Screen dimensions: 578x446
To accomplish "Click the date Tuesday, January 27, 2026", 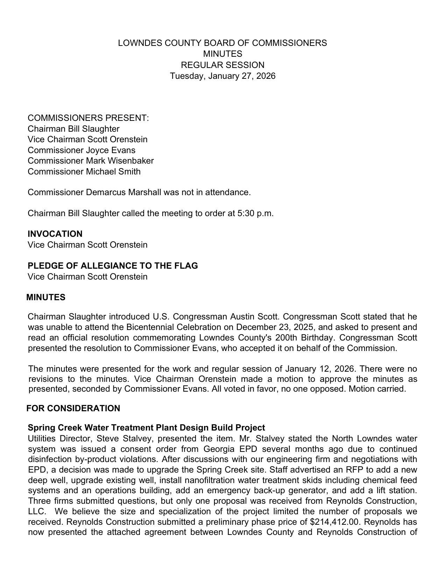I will [222, 76].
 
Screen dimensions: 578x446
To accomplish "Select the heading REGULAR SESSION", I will [222, 65].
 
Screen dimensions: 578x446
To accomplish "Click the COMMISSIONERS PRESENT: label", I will [88, 118].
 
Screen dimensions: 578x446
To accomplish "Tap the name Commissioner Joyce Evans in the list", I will [82, 150].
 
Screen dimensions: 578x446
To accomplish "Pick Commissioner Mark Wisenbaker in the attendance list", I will [91, 161].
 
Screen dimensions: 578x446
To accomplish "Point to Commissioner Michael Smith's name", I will [84, 172].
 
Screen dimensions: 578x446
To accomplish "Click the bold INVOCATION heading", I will [55, 234].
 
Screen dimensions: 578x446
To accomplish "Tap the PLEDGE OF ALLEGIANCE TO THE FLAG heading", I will [113, 266].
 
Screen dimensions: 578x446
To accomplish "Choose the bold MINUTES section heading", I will [46, 297].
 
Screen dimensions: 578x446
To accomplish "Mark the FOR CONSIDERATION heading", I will [73, 408].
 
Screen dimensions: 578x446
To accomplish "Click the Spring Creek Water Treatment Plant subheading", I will [146, 428].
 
